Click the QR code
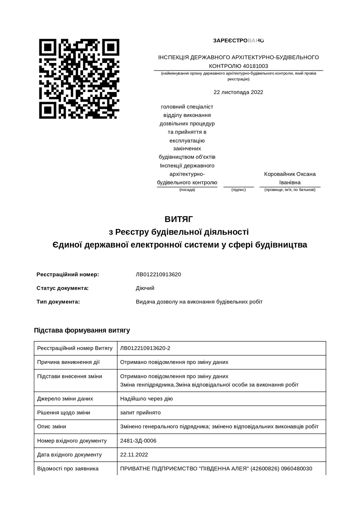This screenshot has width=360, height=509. [x=79, y=79]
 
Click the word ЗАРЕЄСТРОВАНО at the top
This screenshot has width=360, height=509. [x=238, y=41]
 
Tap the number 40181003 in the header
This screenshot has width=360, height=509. [x=255, y=66]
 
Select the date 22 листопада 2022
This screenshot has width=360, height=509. [x=238, y=92]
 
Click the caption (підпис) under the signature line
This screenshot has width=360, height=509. [x=238, y=190]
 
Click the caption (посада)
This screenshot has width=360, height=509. [x=187, y=190]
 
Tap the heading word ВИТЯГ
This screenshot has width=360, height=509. [x=179, y=219]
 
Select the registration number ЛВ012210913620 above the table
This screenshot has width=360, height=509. [x=158, y=275]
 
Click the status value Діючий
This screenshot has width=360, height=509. [x=145, y=288]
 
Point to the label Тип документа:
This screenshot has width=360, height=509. [x=58, y=302]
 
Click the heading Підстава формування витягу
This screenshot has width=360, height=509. [x=82, y=330]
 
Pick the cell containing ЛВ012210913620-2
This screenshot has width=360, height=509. [x=145, y=348]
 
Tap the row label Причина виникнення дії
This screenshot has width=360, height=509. [x=68, y=362]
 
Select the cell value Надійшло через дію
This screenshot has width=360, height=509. [x=146, y=399]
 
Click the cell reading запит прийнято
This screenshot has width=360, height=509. [x=140, y=413]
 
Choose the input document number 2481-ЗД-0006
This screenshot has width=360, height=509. [x=138, y=441]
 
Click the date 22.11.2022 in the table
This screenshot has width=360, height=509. [x=134, y=455]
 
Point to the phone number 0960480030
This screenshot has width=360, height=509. [x=297, y=469]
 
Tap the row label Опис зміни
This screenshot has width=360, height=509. [x=52, y=427]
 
